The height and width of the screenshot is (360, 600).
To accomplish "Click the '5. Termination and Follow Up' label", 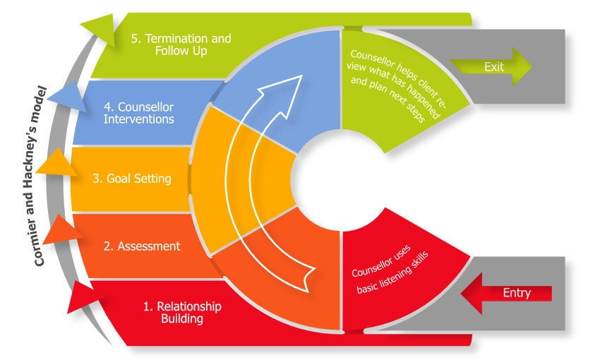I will click(x=181, y=44).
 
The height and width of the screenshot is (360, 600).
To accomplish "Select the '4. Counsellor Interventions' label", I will click(x=138, y=113).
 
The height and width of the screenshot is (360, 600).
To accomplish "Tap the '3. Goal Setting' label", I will click(x=132, y=179).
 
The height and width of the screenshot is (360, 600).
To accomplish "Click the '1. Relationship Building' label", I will click(x=182, y=312).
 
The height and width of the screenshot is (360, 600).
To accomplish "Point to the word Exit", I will click(x=494, y=66).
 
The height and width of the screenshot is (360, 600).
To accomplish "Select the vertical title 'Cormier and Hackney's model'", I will click(x=41, y=176).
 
